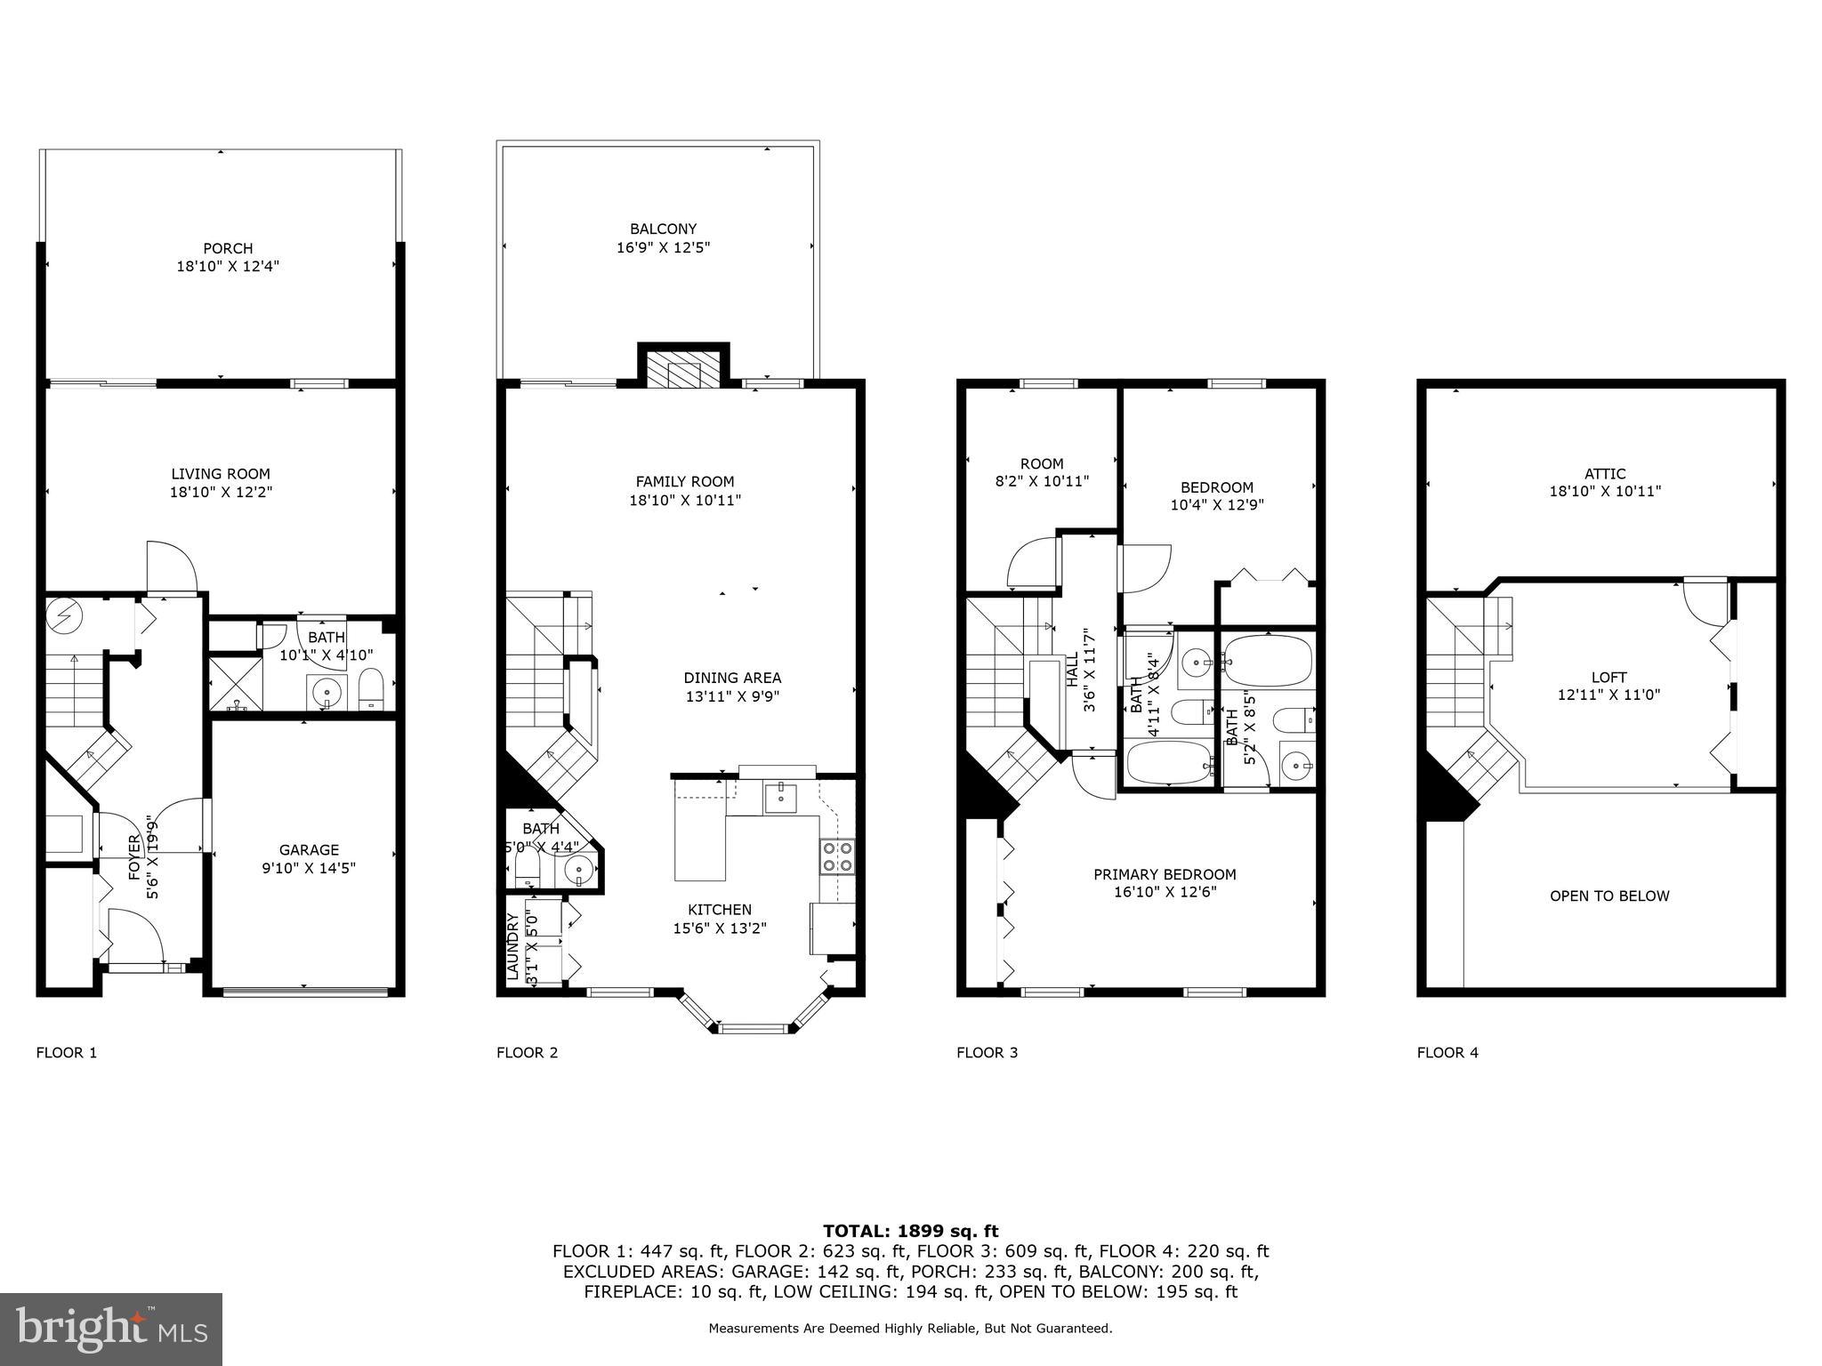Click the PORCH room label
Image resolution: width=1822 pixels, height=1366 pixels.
click(x=228, y=249)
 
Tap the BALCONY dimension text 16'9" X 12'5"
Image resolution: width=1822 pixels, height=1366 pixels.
click(x=663, y=247)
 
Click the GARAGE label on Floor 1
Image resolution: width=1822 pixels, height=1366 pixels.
click(x=309, y=850)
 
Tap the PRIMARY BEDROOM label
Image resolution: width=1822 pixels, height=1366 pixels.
click(x=1165, y=874)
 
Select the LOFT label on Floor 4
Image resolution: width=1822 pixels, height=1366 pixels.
click(x=1608, y=678)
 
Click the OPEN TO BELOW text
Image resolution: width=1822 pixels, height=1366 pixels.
click(x=1609, y=896)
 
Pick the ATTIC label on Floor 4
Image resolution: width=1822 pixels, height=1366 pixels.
click(x=1605, y=474)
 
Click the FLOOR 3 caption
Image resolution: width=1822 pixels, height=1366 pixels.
click(x=987, y=1053)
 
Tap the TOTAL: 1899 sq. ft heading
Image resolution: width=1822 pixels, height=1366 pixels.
click(x=910, y=1232)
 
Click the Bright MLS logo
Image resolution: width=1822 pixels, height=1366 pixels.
click(x=111, y=1330)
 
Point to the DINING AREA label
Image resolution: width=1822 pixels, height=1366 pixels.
click(x=732, y=678)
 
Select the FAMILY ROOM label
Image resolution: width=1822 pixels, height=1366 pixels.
click(x=684, y=482)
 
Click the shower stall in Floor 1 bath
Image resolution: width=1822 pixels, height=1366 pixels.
click(x=236, y=683)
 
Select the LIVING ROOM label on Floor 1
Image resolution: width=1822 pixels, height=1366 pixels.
click(x=221, y=474)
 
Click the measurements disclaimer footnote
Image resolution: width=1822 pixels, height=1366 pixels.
click(x=910, y=1329)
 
